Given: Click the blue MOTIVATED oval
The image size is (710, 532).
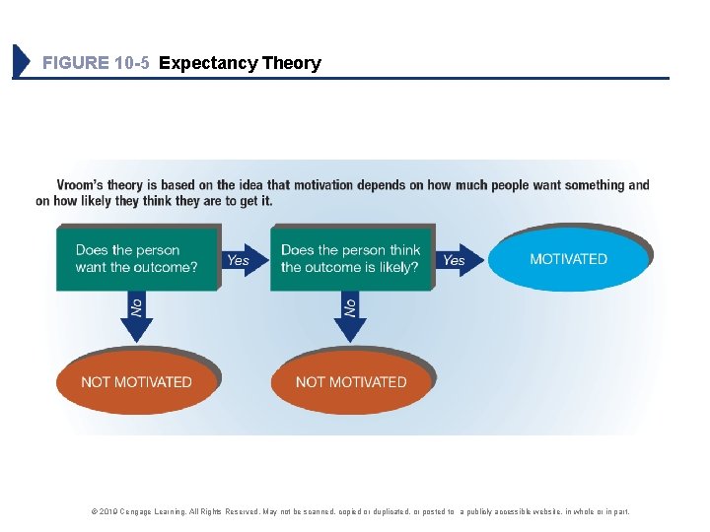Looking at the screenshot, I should pos(569,259).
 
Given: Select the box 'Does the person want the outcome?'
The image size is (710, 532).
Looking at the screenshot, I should pos(136,259).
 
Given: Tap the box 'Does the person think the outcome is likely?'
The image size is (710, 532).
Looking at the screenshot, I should pos(350,259).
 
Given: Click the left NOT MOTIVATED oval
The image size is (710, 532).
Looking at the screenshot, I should pos(136,381).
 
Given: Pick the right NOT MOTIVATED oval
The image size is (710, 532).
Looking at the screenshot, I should pos(351,381).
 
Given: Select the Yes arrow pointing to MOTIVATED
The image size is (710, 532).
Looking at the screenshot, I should pos(456,260).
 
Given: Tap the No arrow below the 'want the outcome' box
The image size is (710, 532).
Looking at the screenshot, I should pos(136,309).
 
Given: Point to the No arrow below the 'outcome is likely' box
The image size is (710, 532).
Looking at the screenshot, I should pos(350,309).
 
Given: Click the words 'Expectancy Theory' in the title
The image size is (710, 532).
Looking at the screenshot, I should pos(240,63).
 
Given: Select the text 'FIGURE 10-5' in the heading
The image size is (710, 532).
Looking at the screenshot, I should pos(97,63).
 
